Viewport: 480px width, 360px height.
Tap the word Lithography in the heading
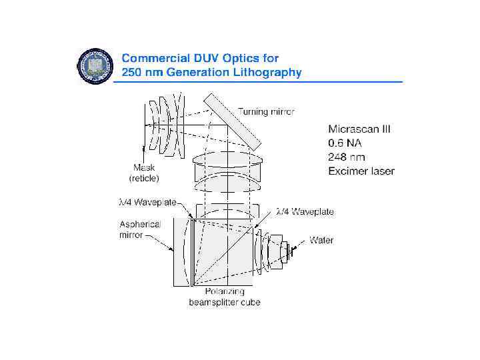(x=266, y=73)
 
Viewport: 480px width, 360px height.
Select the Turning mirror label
(x=266, y=111)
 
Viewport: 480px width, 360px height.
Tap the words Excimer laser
(x=361, y=171)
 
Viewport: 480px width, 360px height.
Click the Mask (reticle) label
(x=143, y=173)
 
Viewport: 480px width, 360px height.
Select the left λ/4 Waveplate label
(x=148, y=201)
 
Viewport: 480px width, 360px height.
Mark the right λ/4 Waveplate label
(x=305, y=211)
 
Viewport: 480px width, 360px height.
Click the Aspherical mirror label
(x=140, y=229)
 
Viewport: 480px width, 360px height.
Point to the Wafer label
(x=321, y=240)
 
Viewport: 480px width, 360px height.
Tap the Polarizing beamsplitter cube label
(x=225, y=297)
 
